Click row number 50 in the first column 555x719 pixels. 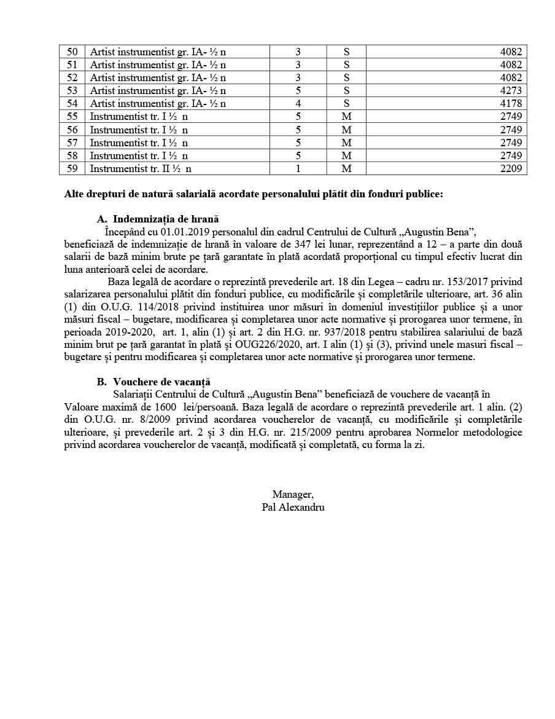pos(72,52)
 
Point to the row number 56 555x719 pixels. pos(72,130)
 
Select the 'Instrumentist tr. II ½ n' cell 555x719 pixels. pos(141,168)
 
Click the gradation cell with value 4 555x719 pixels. pos(298,104)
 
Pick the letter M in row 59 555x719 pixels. pos(346,168)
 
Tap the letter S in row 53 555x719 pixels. pos(346,91)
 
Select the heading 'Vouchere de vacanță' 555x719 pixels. pos(161,382)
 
